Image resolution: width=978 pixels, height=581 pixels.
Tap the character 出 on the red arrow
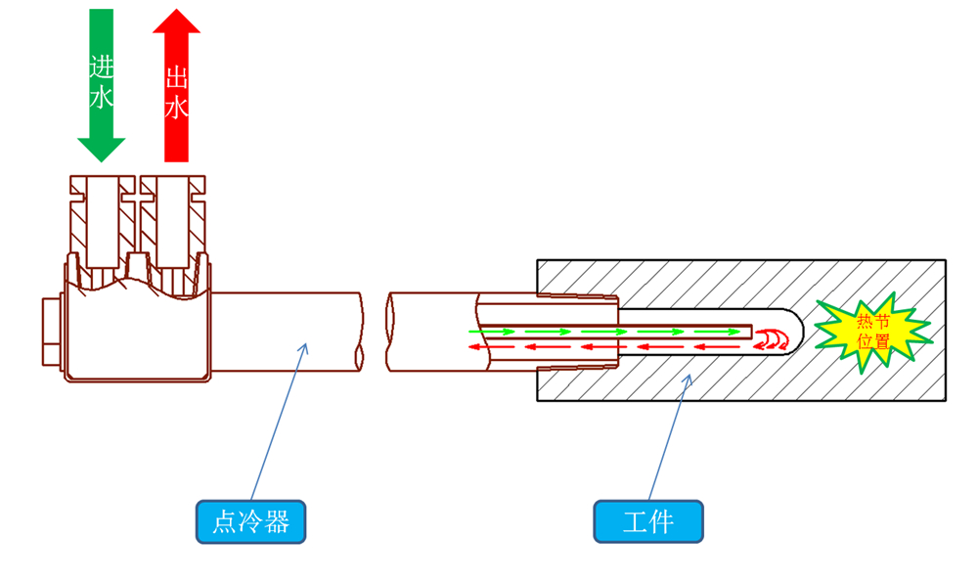click(x=177, y=77)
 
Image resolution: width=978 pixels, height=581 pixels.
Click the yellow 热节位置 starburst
click(x=872, y=329)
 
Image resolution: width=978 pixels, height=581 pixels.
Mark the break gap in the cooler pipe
click(x=376, y=331)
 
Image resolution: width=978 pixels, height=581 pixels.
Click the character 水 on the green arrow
click(x=102, y=97)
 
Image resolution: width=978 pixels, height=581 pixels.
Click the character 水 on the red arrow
click(x=177, y=107)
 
